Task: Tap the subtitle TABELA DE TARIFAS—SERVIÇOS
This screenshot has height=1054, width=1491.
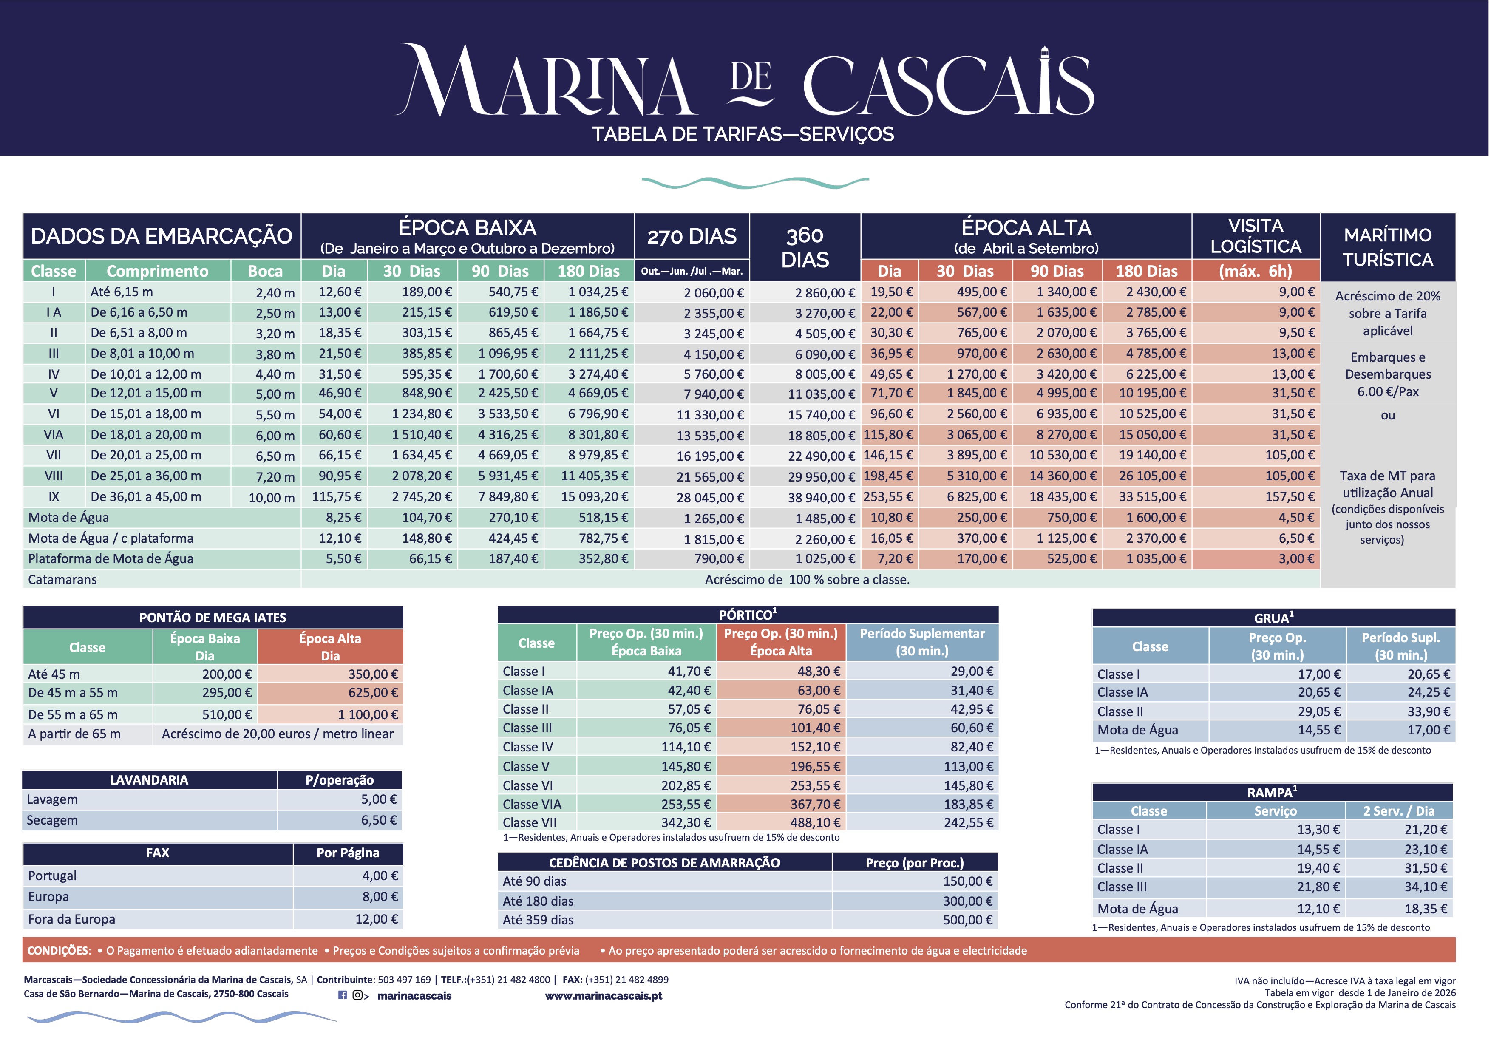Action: (x=743, y=134)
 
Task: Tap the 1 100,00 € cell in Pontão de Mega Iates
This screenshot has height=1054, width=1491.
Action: (x=368, y=715)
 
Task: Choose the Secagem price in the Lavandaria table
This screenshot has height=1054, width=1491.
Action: (x=379, y=821)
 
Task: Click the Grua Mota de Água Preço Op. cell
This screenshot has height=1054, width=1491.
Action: (x=1319, y=731)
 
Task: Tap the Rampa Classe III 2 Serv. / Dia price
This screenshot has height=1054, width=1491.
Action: (x=1426, y=887)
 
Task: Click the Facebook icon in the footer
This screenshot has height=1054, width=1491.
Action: (x=342, y=995)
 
